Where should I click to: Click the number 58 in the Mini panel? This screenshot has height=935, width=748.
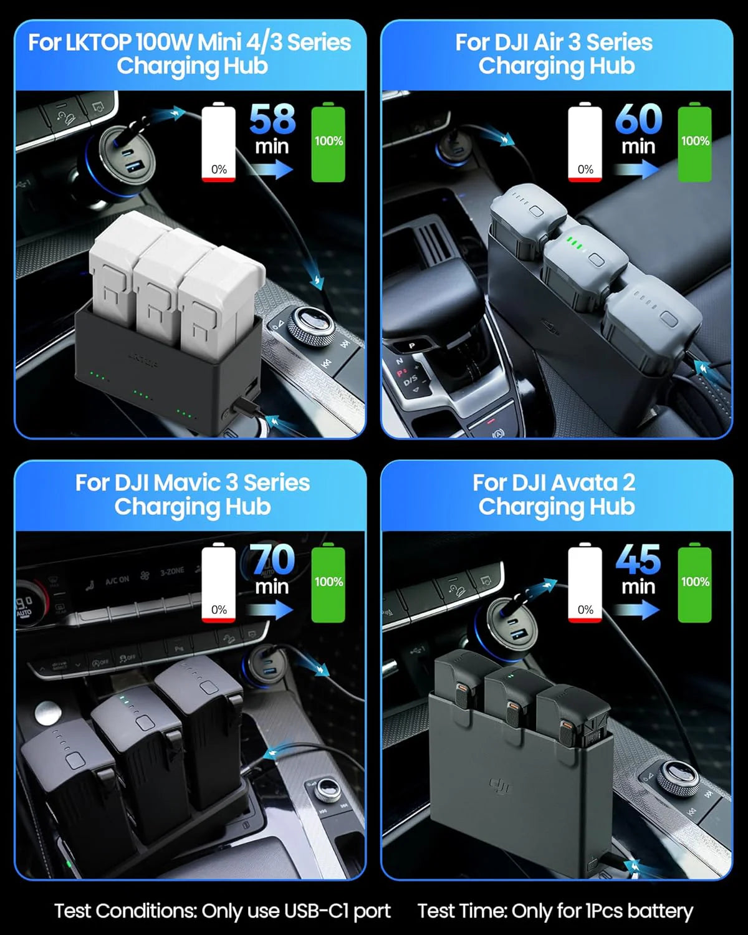(272, 119)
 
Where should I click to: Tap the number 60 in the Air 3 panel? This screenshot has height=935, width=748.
(638, 119)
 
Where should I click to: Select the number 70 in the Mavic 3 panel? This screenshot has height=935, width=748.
(272, 559)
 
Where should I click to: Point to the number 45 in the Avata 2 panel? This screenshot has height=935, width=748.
(638, 559)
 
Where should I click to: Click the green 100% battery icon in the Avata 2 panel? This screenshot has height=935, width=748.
(694, 582)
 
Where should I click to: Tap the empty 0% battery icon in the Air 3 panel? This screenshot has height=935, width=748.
(585, 143)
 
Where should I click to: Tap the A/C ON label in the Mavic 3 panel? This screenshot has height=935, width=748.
(117, 580)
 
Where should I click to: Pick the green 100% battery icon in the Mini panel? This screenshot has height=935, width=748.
(328, 143)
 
